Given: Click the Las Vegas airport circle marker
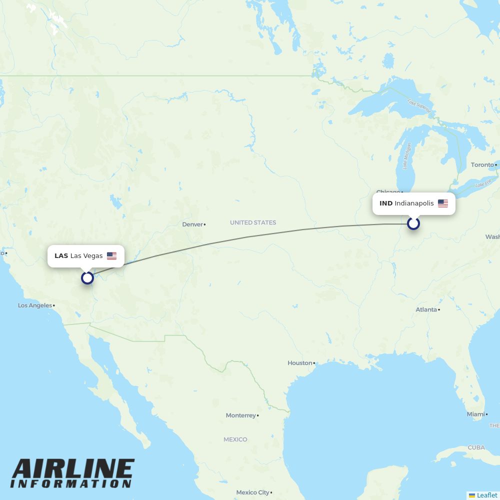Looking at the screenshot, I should point(87,277).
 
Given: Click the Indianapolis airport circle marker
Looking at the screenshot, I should point(413,223).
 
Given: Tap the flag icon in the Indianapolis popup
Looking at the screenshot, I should point(443,203).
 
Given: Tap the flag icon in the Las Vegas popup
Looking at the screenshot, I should point(111,256).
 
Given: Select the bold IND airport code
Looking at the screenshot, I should point(386,203).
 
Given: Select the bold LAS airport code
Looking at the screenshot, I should point(61,256).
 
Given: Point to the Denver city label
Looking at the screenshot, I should point(192,224).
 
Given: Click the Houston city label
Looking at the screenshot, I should point(299,363).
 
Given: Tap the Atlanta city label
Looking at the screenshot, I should point(426,309).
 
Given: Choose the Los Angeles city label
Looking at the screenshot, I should point(35,305).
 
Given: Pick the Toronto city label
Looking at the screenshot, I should point(482,164).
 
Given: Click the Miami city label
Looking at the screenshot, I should point(475,414).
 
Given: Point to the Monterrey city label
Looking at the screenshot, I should point(240,415).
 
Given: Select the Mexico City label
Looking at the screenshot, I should point(252,492).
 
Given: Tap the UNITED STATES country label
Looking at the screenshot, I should point(253,222).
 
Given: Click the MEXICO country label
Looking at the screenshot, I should point(235,439).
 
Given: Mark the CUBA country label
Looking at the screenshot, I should point(476,447).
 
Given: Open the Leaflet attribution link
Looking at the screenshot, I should point(486,495).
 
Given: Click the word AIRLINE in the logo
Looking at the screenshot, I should point(73,469).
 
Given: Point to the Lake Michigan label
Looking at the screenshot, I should point(407,156).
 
